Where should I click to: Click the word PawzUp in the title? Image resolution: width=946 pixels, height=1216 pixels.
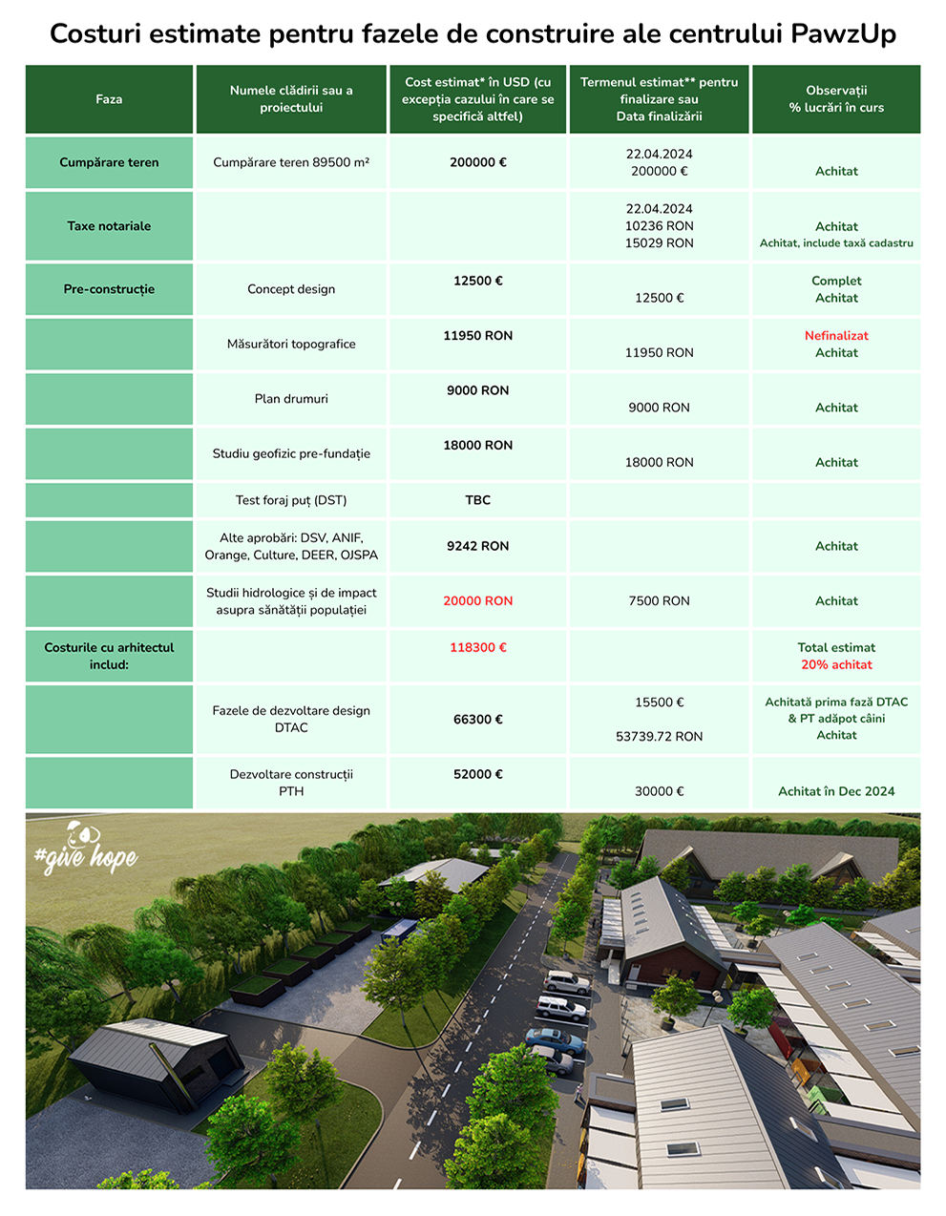click(x=843, y=34)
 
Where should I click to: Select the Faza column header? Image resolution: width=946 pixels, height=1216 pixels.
click(x=109, y=99)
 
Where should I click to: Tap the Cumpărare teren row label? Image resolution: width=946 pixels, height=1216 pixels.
click(x=109, y=162)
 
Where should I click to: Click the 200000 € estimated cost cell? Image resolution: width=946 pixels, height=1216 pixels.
click(x=477, y=162)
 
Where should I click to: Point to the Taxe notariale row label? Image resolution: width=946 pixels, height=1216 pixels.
click(x=109, y=226)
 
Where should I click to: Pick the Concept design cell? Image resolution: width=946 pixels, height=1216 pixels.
click(x=291, y=289)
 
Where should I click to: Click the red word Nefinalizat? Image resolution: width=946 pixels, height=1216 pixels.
click(x=836, y=336)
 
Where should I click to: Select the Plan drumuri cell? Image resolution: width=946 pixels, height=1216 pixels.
click(x=291, y=399)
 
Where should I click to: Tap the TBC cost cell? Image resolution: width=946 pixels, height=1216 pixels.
click(x=477, y=500)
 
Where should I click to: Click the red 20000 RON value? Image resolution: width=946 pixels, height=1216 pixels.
click(x=477, y=601)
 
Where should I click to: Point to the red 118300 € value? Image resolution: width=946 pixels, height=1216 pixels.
click(x=477, y=648)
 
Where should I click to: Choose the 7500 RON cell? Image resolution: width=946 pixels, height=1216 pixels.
click(x=659, y=601)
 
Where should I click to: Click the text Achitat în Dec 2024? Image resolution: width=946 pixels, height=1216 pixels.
click(x=836, y=791)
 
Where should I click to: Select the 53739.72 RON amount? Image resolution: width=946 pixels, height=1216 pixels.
click(x=659, y=737)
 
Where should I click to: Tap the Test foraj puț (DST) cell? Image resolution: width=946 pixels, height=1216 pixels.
click(x=291, y=500)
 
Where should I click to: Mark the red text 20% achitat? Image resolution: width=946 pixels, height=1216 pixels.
click(x=836, y=665)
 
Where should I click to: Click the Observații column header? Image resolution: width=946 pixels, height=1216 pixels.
click(x=836, y=99)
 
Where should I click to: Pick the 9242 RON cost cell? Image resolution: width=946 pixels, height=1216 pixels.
click(x=477, y=546)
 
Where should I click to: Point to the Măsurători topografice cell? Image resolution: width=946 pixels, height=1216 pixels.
click(x=291, y=345)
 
